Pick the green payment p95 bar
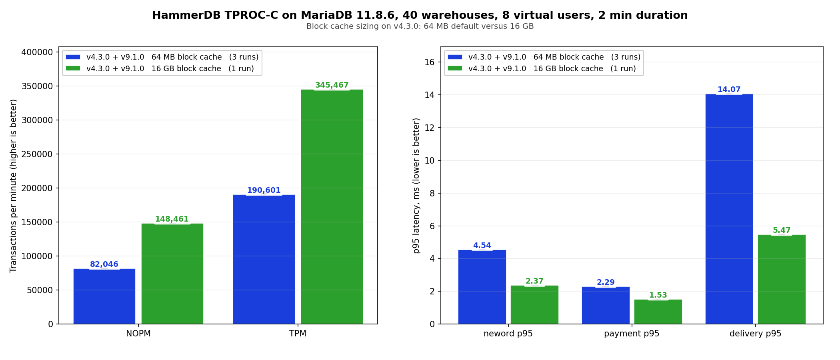658,312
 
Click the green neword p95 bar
534,304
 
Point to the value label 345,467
332,85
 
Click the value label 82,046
104,264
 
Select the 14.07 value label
729,90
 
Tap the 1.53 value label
658,295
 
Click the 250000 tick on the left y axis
36,154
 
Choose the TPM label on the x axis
298,334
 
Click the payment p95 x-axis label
632,334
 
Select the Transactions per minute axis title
14,186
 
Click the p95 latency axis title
416,186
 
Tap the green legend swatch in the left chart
73,68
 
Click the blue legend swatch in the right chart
455,57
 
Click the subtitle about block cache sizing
420,26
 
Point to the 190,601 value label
264,190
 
